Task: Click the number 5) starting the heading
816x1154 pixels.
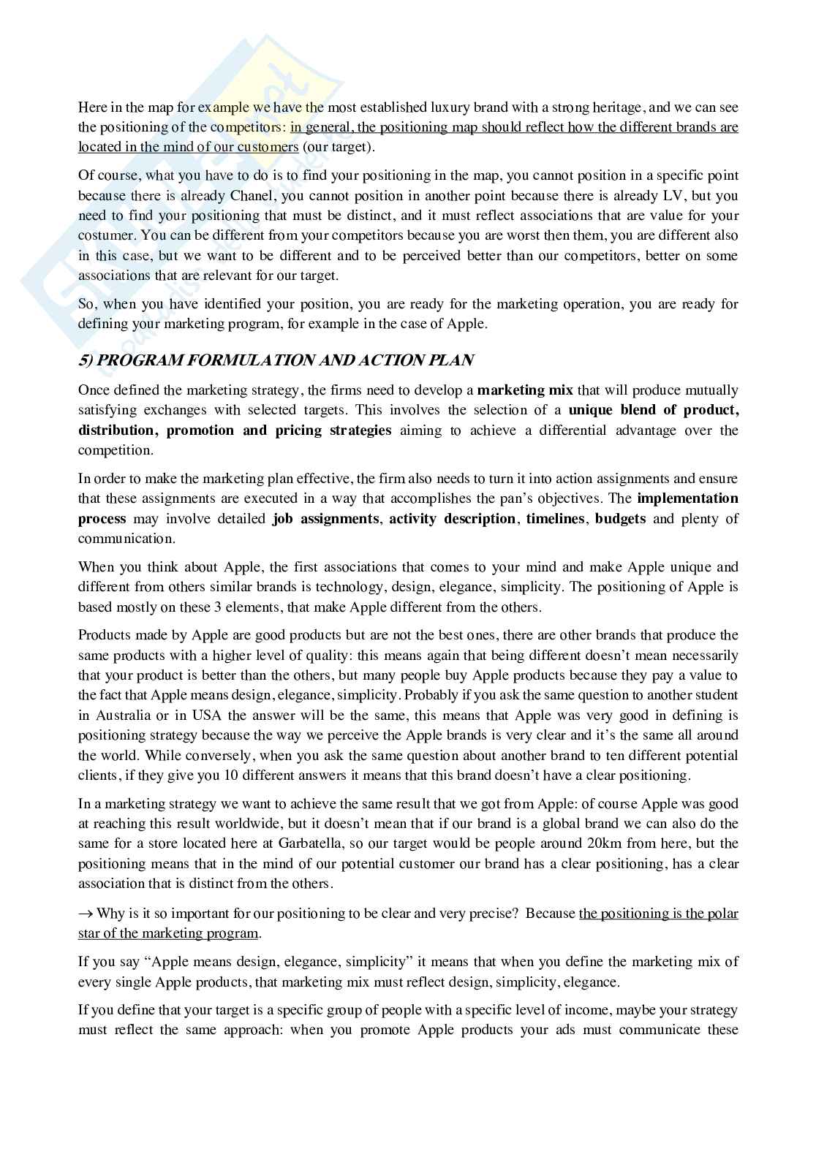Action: pyautogui.click(x=86, y=360)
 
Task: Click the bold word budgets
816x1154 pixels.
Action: pyautogui.click(x=620, y=519)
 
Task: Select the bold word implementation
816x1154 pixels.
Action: pyautogui.click(x=687, y=498)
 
